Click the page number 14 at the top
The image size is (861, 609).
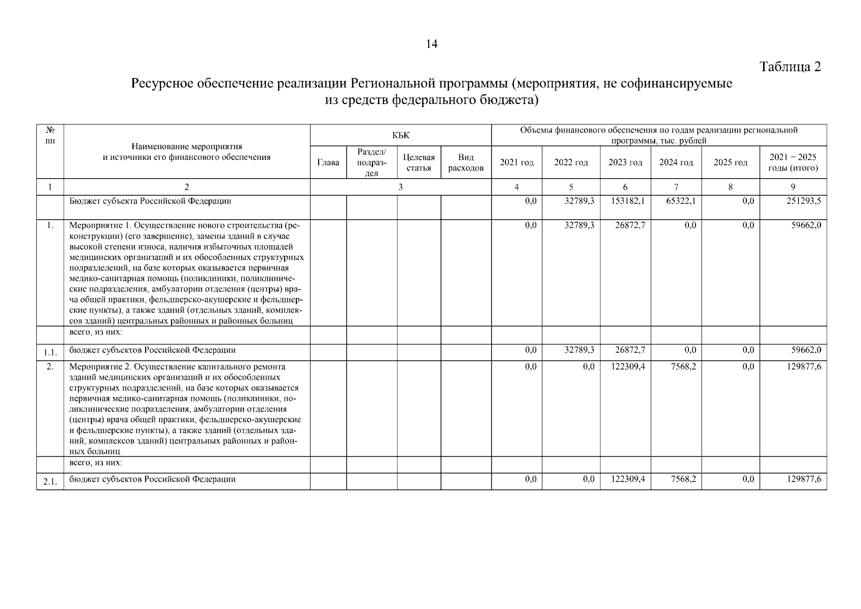pos(431,45)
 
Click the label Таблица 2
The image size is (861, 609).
pos(789,66)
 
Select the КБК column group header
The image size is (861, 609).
pos(400,136)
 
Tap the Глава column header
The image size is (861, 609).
pos(328,162)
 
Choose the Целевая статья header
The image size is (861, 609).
pos(419,162)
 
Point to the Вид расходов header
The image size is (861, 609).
pos(466,162)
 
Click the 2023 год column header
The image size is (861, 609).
pos(625,162)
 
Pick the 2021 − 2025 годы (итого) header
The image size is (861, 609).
pos(793,162)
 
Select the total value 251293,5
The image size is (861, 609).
pos(804,201)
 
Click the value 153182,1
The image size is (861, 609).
pos(628,201)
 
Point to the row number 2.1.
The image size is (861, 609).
pos(50,482)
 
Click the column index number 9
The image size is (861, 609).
pos(793,187)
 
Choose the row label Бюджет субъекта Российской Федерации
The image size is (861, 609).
pos(150,201)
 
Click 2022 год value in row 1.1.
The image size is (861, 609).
pos(579,350)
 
